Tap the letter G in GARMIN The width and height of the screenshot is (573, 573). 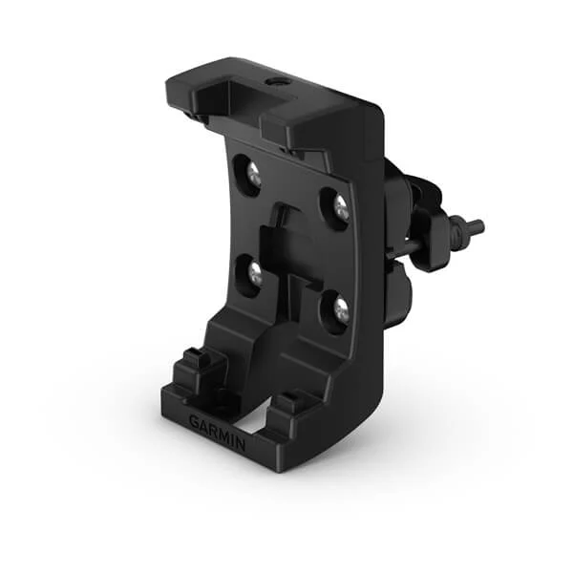point(194,421)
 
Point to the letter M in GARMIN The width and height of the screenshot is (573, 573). point(222,435)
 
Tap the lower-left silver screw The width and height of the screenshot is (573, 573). point(254,274)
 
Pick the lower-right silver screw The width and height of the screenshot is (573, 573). point(339,308)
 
